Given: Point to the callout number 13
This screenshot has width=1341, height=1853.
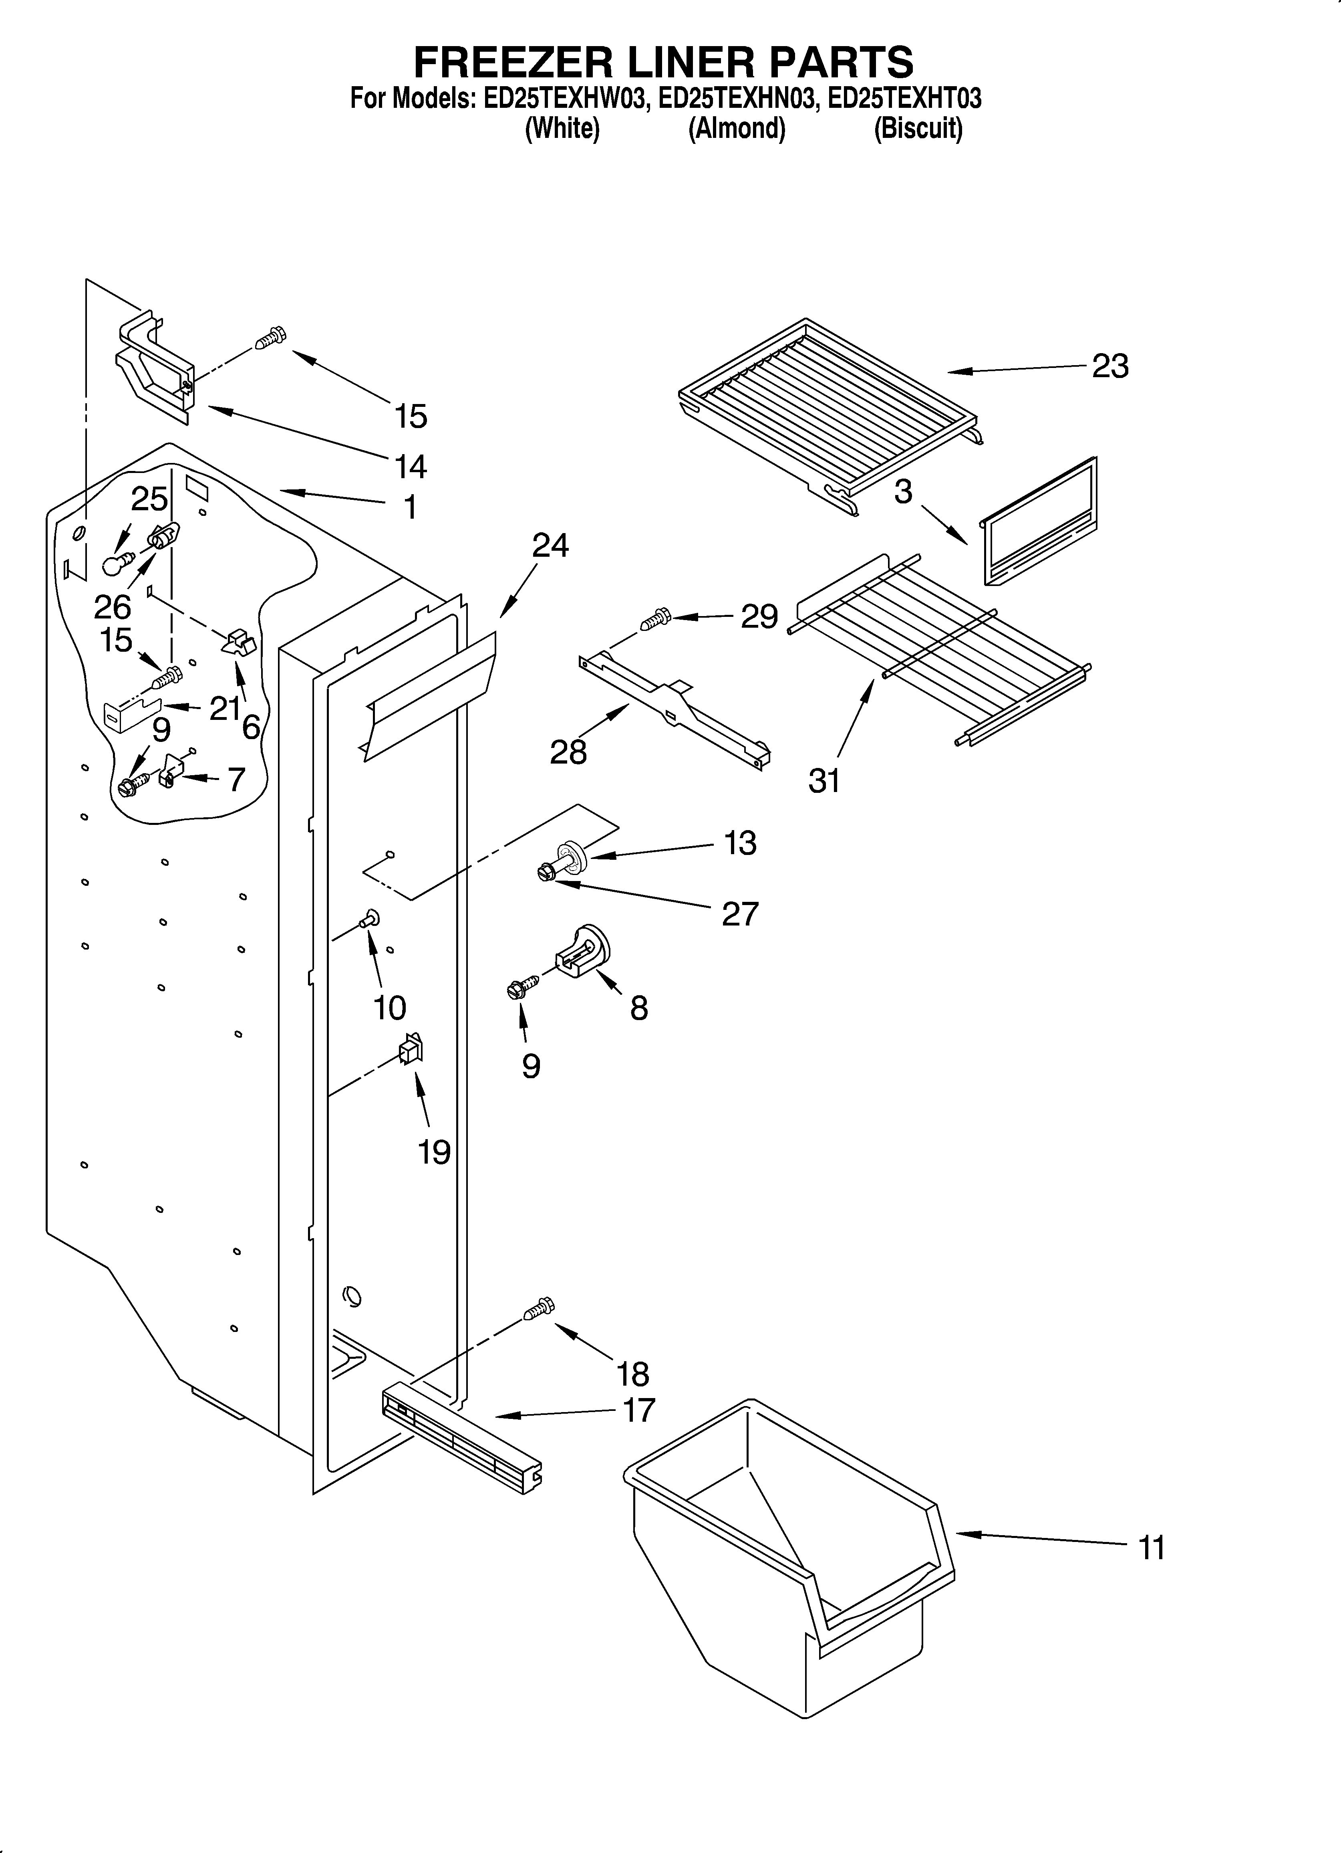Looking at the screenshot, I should pos(740,843).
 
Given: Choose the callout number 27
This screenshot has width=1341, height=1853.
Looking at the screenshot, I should pos(740,913).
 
